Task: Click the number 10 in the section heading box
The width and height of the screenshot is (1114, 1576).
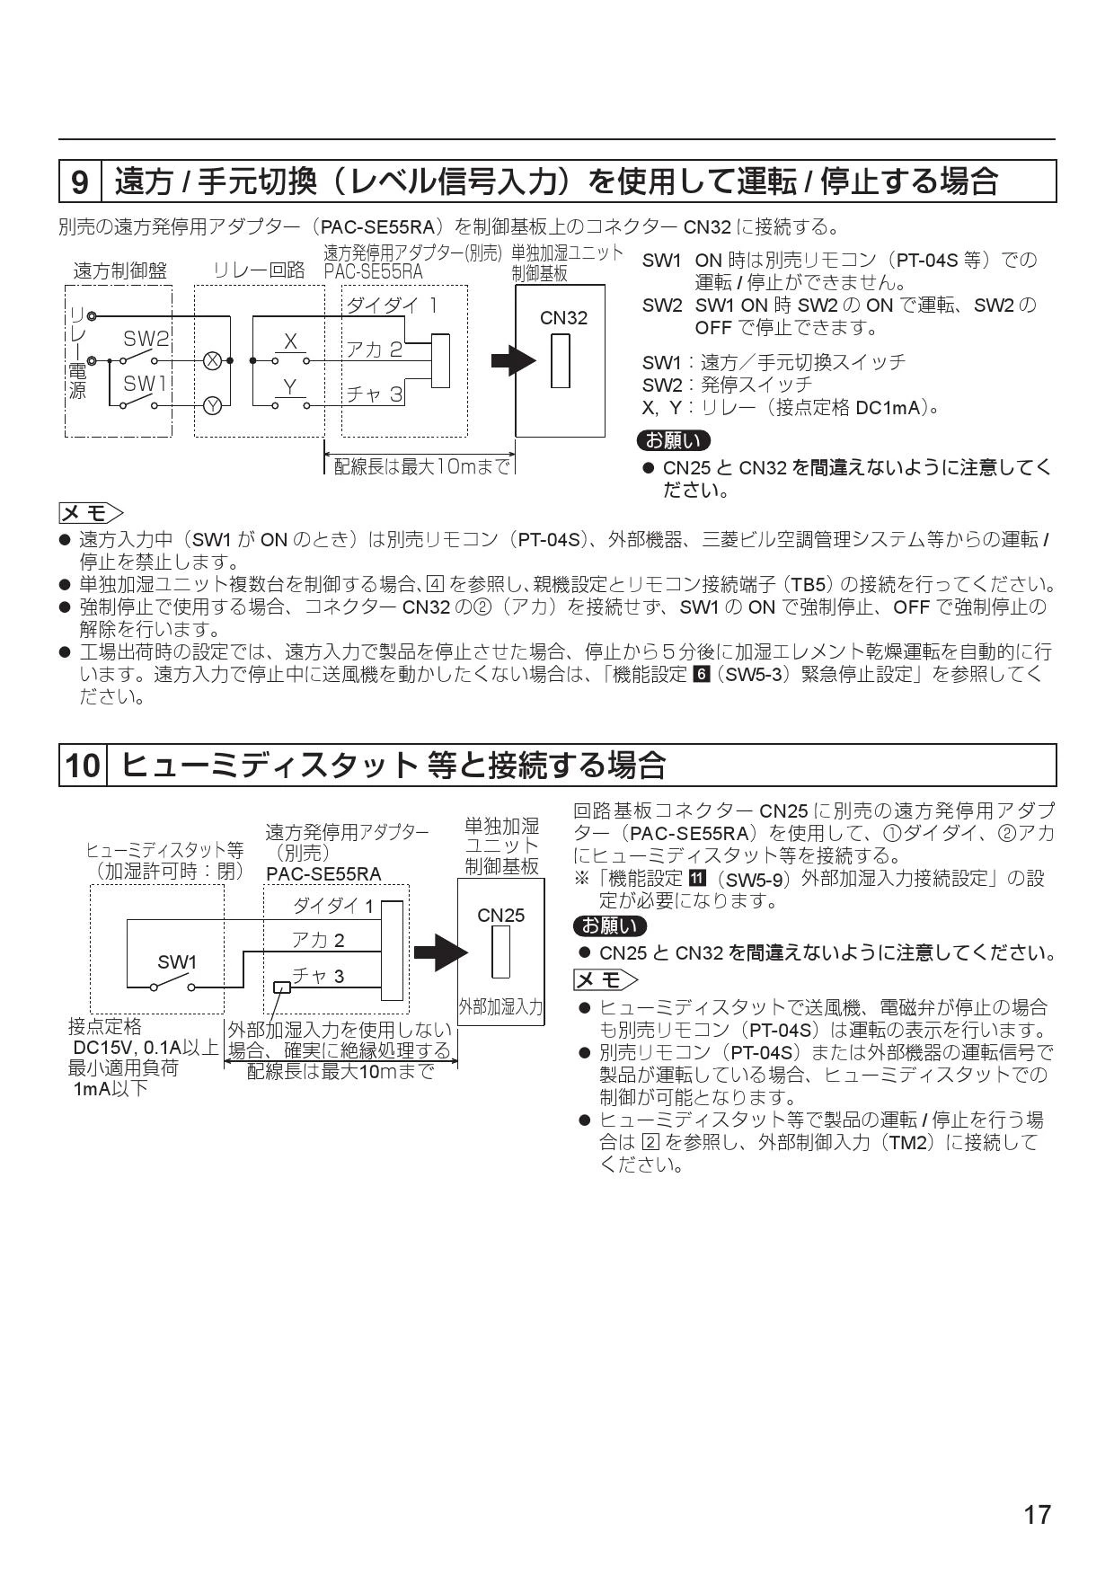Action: tap(83, 766)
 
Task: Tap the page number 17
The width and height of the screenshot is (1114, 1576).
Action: tap(1037, 1516)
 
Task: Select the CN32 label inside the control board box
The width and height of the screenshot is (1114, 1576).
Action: tap(563, 317)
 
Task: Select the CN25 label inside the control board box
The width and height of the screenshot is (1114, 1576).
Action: tap(500, 916)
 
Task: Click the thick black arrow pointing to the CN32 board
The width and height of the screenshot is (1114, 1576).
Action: tap(513, 361)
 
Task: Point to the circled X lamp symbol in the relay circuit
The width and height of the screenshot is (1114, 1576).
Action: tap(212, 360)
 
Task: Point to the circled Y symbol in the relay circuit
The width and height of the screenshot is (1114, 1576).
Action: tap(212, 405)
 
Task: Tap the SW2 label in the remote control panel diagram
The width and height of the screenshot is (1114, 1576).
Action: tap(146, 339)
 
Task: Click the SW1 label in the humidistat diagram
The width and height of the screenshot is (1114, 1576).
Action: tap(177, 962)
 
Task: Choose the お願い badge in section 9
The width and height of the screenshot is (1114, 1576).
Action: tap(672, 441)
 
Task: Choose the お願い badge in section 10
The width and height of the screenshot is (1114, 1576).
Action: tap(609, 926)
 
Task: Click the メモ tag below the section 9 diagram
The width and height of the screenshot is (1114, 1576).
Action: tap(90, 513)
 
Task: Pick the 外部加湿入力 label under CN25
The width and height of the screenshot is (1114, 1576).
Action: tap(500, 1007)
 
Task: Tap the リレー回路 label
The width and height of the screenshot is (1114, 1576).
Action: tap(260, 270)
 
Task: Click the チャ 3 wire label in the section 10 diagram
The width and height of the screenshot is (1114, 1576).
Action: tap(318, 977)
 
